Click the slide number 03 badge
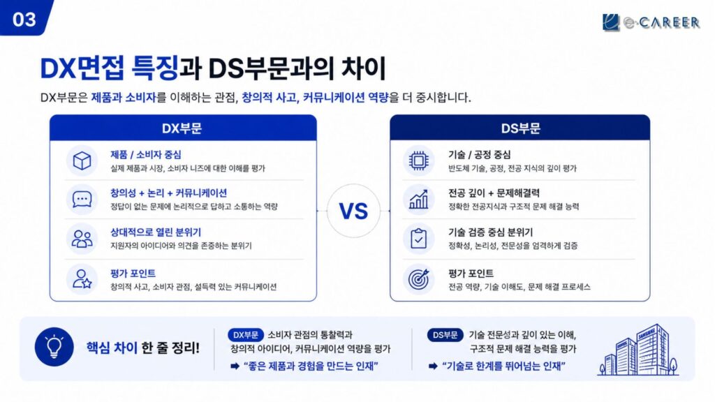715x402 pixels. click(x=24, y=17)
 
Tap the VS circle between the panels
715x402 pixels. click(x=353, y=211)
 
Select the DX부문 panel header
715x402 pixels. click(x=183, y=128)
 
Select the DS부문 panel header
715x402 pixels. click(x=519, y=128)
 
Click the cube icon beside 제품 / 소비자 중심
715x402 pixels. click(x=82, y=161)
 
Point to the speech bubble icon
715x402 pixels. click(x=82, y=200)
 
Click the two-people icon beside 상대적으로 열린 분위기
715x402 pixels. click(x=82, y=239)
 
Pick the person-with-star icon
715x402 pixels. click(x=82, y=278)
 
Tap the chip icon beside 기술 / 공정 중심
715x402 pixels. click(x=418, y=161)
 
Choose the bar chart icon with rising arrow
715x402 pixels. click(x=418, y=200)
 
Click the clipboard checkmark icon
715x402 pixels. click(x=418, y=239)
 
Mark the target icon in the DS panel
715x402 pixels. click(x=418, y=278)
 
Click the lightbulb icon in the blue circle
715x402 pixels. click(x=54, y=347)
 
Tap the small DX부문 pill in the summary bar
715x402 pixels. click(x=245, y=335)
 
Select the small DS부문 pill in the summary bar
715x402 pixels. click(x=445, y=335)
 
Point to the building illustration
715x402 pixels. click(x=638, y=350)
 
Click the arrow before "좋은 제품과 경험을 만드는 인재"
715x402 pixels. click(x=235, y=366)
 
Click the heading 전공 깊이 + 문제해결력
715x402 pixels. click(x=494, y=193)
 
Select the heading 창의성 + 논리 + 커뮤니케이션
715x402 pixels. click(x=169, y=193)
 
